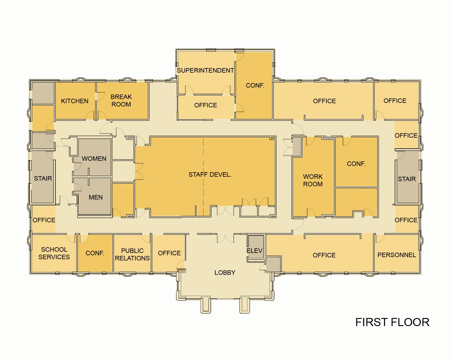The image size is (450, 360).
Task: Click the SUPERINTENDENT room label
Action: click(x=205, y=70)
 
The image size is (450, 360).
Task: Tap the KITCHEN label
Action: click(x=75, y=101)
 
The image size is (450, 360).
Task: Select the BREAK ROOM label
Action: click(x=121, y=100)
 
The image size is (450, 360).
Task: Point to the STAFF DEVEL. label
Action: click(x=210, y=175)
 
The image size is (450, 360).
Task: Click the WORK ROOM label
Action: click(x=313, y=180)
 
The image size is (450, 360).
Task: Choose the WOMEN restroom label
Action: click(x=94, y=159)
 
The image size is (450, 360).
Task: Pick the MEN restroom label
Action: click(x=96, y=197)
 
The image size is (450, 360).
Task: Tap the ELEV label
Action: click(x=254, y=251)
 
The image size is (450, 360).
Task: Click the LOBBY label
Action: click(x=225, y=273)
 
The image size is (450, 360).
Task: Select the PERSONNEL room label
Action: click(x=397, y=255)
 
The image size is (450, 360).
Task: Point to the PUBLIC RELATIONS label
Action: click(x=132, y=254)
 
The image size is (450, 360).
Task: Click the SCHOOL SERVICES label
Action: click(x=54, y=253)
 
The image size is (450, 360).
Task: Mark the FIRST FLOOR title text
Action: click(x=392, y=322)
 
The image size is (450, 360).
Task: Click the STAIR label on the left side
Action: click(x=43, y=178)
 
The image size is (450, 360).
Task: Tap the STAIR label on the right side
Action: click(x=406, y=179)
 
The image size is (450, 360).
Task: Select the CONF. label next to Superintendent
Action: click(x=255, y=85)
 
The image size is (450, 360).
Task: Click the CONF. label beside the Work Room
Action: click(x=356, y=164)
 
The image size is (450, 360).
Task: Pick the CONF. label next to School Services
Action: click(x=95, y=253)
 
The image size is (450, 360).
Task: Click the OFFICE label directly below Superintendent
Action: click(x=205, y=105)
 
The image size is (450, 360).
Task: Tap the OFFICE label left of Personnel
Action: click(x=324, y=255)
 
